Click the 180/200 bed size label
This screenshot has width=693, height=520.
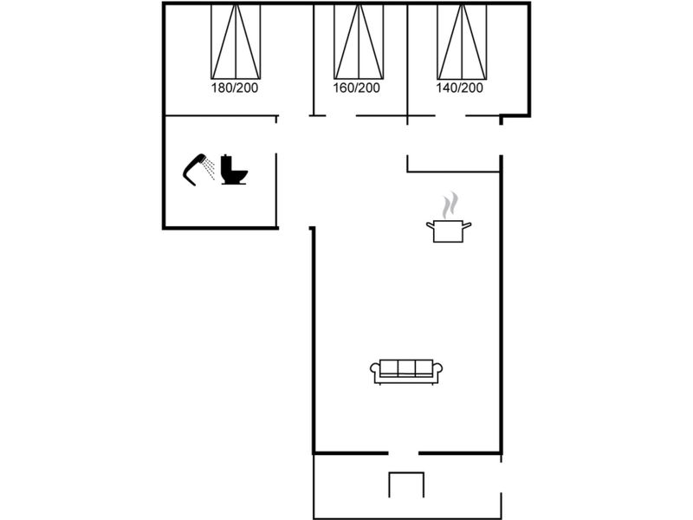coord(235,88)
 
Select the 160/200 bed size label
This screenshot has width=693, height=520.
coord(356,88)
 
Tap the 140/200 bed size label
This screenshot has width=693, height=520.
coord(460,88)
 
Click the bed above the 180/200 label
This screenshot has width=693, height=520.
coord(236,42)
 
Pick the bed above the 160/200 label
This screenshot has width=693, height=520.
coord(359,42)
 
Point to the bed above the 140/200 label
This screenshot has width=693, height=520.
coord(462,42)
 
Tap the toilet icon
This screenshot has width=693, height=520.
coord(234,169)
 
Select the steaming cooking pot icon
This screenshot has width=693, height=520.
coord(449,218)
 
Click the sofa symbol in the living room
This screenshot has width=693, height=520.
coord(406,372)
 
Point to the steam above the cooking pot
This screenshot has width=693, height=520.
coord(450,205)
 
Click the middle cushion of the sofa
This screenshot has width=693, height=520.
coord(406,367)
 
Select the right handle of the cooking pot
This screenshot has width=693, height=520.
coord(467,226)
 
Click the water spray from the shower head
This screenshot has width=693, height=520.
coord(209,169)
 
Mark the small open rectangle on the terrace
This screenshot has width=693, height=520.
coord(406,484)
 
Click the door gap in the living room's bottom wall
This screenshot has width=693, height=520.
coord(403,453)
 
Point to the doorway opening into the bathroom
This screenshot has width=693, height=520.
coord(276,138)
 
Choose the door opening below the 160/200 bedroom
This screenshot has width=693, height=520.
coord(340,116)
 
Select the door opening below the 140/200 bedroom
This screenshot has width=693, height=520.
coord(450,116)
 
